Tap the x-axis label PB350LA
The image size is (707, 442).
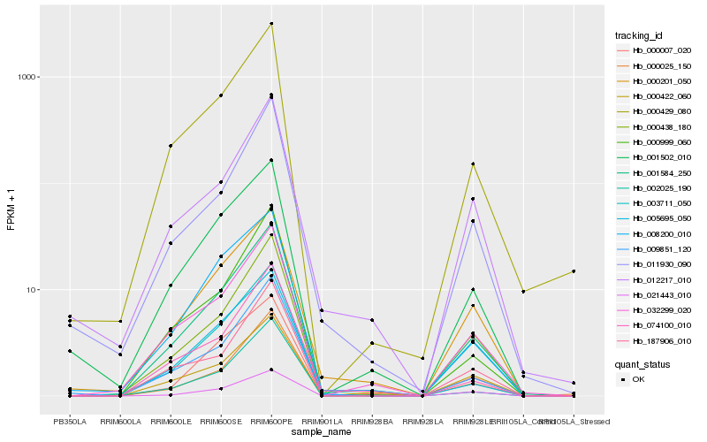[x=70, y=422]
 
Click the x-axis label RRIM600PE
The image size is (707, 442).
[x=271, y=422]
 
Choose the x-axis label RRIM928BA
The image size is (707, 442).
[x=372, y=422]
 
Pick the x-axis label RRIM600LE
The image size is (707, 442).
[x=171, y=422]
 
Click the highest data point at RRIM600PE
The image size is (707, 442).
[x=271, y=24]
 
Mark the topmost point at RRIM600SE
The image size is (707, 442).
[x=221, y=95]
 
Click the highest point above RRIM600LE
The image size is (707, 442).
[x=171, y=146]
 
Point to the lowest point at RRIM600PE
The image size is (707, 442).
[x=271, y=370]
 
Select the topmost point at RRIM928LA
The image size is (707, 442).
[x=422, y=358]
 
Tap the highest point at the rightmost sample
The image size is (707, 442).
[x=574, y=271]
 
